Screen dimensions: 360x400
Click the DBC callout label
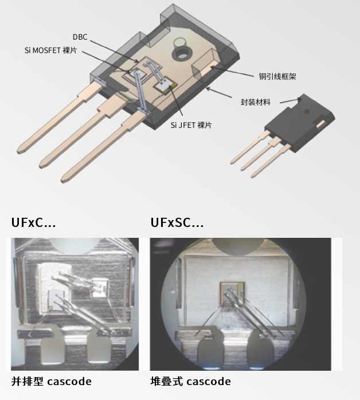(x=80, y=37)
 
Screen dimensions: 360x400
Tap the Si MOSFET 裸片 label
(x=50, y=50)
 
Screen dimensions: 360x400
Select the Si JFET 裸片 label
(x=191, y=125)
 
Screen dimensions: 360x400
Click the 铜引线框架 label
(x=277, y=76)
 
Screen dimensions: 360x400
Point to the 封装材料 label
(x=256, y=102)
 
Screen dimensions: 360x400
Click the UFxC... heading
(x=33, y=222)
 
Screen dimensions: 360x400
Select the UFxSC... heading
(x=177, y=222)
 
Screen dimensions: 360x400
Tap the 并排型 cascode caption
(x=51, y=382)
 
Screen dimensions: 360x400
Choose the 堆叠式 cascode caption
(x=190, y=382)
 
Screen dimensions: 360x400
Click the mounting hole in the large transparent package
(x=182, y=53)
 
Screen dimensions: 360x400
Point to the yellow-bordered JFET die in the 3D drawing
(x=165, y=85)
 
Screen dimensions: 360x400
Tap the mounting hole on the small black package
(x=307, y=111)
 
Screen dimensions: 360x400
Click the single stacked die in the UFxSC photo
(x=233, y=294)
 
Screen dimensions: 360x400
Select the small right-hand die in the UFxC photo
(x=100, y=288)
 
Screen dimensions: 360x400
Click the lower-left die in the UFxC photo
(x=57, y=300)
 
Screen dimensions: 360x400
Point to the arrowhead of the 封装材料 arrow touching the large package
(x=207, y=88)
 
